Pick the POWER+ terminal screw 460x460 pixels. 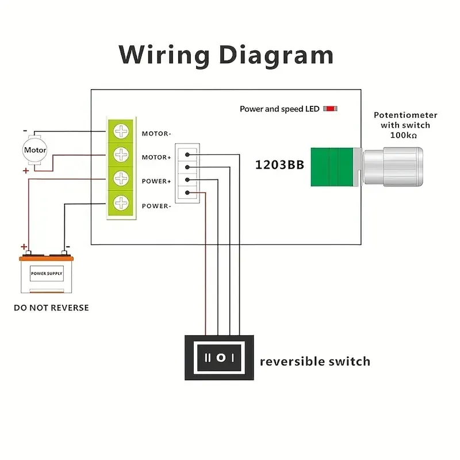click(121, 179)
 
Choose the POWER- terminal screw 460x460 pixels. click(121, 204)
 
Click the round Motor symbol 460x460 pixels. click(35, 151)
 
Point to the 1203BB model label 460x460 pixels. click(279, 165)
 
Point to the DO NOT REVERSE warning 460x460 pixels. click(51, 308)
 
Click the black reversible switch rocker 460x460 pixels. click(219, 358)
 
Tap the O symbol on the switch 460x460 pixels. click(220, 358)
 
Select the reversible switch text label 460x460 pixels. click(315, 362)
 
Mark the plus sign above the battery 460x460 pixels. click(24, 247)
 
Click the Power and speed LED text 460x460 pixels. click(279, 109)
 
